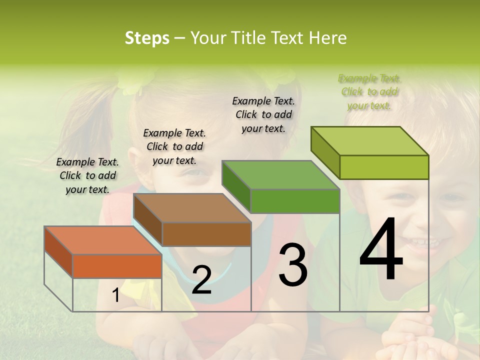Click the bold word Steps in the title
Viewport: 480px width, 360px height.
[x=147, y=38]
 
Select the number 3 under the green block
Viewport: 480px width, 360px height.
[x=292, y=265]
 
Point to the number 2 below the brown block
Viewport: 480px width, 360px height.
[x=201, y=280]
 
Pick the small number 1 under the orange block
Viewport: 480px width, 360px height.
[x=115, y=295]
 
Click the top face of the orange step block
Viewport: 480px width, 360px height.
[x=102, y=240]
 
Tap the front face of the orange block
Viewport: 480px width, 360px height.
[x=117, y=266]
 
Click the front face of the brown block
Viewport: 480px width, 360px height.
[x=206, y=234]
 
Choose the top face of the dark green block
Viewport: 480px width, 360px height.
[x=280, y=175]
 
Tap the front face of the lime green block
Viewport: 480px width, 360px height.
[x=384, y=167]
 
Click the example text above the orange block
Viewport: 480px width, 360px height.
[x=87, y=175]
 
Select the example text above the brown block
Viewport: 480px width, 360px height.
[x=174, y=146]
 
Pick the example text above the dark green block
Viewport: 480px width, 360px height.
[x=263, y=114]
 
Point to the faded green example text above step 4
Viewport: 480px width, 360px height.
[x=369, y=91]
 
